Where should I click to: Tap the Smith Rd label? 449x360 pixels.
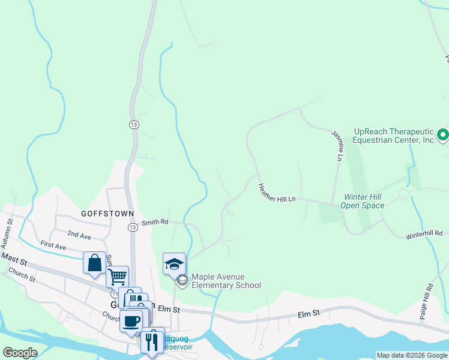point(155,223)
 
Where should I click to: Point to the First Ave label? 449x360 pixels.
point(53,246)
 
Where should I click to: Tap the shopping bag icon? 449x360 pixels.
point(95,263)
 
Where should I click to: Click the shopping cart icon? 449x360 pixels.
point(118,277)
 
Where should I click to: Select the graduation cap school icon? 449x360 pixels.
point(174,263)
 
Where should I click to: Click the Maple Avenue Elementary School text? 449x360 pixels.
point(226,281)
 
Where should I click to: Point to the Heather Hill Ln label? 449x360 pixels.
point(277,193)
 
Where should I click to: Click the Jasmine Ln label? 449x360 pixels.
point(337,146)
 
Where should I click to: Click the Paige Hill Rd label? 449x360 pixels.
point(429,301)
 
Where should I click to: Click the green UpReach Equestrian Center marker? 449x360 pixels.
point(443,135)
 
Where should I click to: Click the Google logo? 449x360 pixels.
point(20,353)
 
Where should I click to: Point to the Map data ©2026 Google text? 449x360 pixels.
point(412,355)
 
